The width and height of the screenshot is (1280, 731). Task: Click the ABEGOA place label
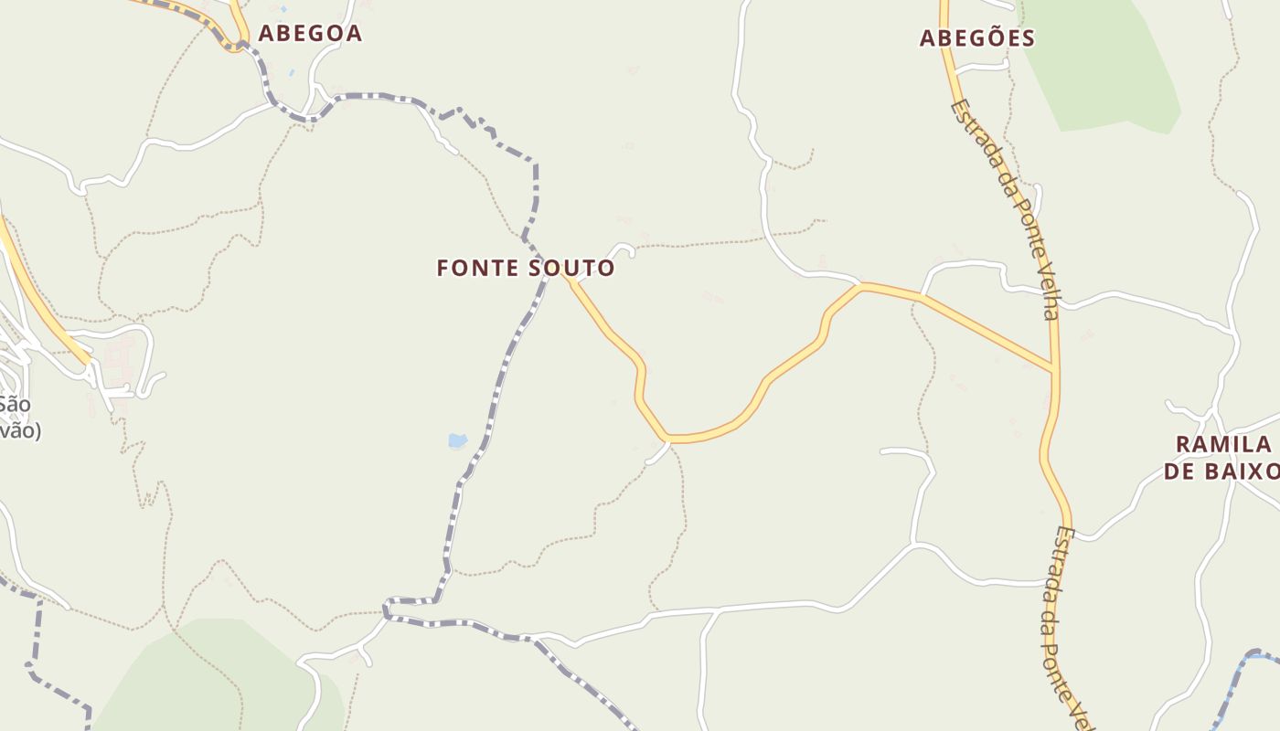coord(310,34)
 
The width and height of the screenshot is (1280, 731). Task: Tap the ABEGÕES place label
coord(976,38)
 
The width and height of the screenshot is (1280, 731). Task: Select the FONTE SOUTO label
coord(526,269)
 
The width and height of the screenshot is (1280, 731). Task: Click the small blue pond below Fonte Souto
coord(457,441)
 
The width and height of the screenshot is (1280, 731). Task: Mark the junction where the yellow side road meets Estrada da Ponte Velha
coord(1054,371)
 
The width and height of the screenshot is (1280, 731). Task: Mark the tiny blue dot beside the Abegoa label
coord(291,71)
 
